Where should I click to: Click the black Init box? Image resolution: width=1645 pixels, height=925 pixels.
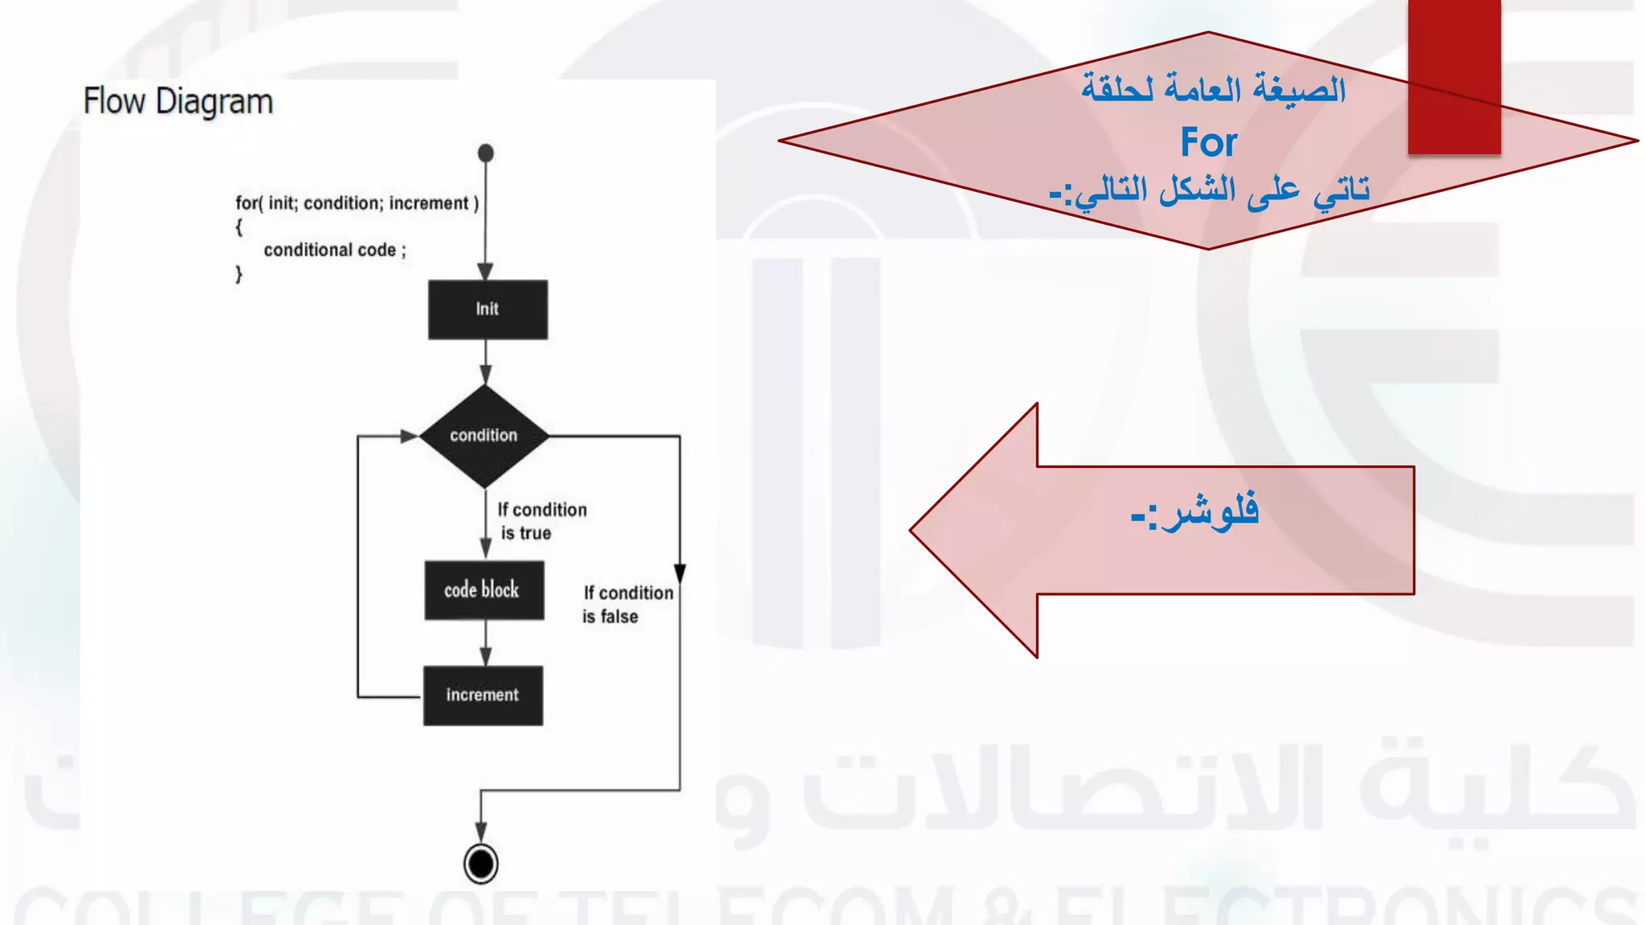click(488, 309)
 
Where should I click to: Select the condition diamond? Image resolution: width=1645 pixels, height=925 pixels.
click(484, 436)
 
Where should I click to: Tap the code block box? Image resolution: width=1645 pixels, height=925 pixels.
click(484, 590)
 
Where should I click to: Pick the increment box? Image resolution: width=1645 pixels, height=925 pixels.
click(483, 695)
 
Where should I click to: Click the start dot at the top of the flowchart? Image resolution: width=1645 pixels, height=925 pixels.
click(485, 153)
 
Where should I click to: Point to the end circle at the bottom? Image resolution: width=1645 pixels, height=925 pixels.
click(480, 864)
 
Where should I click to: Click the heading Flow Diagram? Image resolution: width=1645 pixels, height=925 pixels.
click(178, 102)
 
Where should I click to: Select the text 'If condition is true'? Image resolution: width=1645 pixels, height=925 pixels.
click(541, 521)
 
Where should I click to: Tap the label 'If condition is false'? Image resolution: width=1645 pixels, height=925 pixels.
click(627, 605)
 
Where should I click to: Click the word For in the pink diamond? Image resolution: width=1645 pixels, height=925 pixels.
click(1208, 143)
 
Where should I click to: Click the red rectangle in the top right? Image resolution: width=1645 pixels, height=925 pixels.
click(1454, 76)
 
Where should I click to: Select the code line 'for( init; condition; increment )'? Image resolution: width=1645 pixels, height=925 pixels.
click(357, 203)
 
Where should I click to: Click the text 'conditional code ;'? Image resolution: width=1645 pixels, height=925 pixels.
click(335, 251)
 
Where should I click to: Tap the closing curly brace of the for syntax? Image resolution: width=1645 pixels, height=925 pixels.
click(239, 275)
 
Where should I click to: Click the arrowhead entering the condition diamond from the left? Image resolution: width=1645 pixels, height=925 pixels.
click(409, 436)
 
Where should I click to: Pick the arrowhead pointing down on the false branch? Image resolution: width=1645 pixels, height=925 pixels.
click(680, 573)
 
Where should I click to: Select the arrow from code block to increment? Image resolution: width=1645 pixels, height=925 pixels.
click(485, 643)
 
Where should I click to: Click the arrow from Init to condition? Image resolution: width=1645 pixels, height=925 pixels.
click(485, 362)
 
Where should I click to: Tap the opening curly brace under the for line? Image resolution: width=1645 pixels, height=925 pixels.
click(239, 227)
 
